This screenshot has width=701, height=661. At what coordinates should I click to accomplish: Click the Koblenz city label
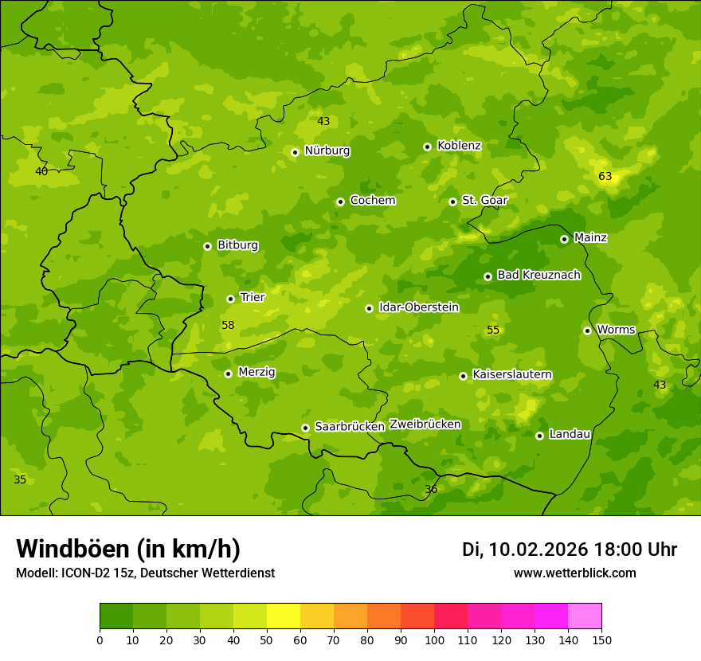click(x=459, y=146)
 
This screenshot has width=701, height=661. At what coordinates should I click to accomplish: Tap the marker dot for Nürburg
click(x=295, y=152)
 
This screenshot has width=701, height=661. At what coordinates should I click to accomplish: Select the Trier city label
click(x=253, y=297)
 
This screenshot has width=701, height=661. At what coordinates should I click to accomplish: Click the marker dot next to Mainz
click(x=564, y=239)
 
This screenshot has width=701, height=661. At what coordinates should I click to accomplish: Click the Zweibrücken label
click(x=425, y=424)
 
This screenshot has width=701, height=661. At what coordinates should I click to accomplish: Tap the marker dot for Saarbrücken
click(x=305, y=428)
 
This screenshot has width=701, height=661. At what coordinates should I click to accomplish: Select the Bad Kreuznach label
click(x=538, y=275)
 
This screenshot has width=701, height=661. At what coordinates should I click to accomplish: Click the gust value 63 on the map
click(x=605, y=176)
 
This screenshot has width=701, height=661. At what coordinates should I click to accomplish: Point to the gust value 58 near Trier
click(x=228, y=325)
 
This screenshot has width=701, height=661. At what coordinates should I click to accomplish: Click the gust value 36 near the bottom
click(x=431, y=489)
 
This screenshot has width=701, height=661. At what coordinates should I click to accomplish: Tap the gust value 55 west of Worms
click(x=493, y=330)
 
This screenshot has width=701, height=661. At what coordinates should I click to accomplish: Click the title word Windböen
click(x=72, y=549)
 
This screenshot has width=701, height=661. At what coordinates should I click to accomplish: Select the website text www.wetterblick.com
click(x=574, y=573)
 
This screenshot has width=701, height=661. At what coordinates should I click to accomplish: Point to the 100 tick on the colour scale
click(x=434, y=639)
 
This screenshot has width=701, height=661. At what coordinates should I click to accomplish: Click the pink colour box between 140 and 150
click(x=585, y=616)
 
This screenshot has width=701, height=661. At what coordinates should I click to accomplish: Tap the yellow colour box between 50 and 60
click(x=284, y=616)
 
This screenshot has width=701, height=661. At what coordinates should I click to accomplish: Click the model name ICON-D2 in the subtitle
click(x=84, y=573)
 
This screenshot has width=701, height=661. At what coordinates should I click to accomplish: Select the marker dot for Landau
click(x=539, y=436)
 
